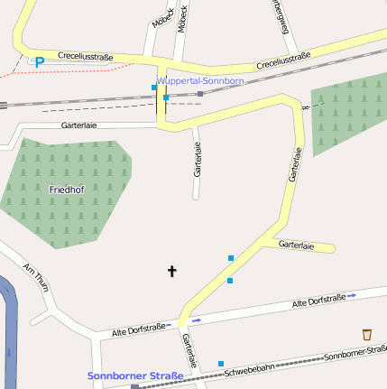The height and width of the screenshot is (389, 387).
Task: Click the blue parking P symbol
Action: point(39,61)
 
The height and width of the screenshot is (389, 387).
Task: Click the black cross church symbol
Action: point(172,270)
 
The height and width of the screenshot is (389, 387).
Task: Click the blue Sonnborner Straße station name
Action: point(135,375)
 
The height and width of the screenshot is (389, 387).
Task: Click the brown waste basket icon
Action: point(366,335)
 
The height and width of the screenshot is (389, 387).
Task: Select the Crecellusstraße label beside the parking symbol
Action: point(86,57)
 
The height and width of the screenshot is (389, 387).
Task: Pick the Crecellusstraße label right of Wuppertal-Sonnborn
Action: point(283,60)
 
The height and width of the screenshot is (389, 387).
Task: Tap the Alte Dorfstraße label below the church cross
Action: point(137,329)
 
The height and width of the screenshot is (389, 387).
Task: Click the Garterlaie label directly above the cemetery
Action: point(79,125)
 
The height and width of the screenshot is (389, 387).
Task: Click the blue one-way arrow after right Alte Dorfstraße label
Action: point(352,295)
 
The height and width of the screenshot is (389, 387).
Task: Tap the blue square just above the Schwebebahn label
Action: point(221,364)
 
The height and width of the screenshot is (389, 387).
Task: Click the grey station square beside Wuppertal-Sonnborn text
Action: point(200,93)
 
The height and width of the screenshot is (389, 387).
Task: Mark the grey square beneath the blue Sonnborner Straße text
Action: point(134,386)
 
